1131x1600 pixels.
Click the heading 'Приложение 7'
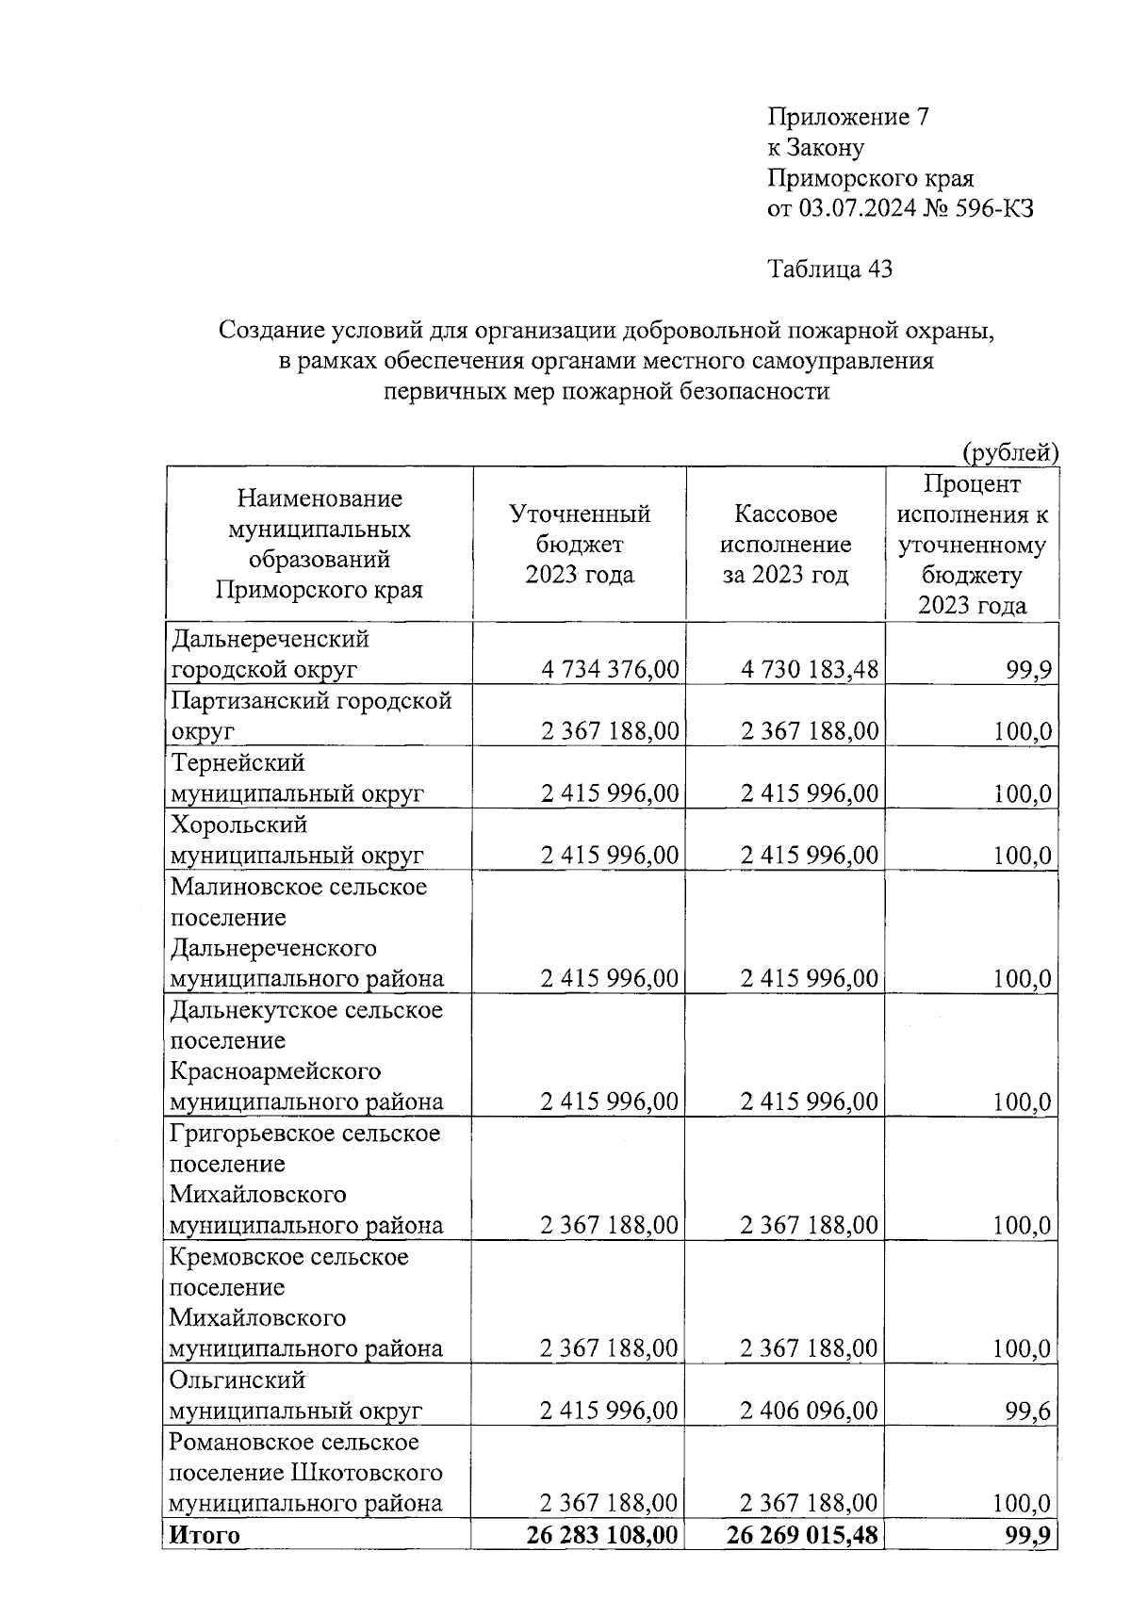click(848, 117)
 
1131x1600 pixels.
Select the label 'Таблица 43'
click(830, 269)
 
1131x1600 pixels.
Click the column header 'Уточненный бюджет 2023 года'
click(580, 544)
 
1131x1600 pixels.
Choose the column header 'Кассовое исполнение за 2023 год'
click(785, 544)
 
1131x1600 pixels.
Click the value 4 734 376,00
click(610, 670)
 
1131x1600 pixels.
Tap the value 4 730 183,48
click(810, 670)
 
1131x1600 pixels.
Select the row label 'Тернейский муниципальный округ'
click(297, 778)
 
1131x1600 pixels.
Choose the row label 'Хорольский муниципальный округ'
click(297, 840)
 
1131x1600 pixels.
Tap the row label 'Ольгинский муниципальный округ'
click(296, 1396)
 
